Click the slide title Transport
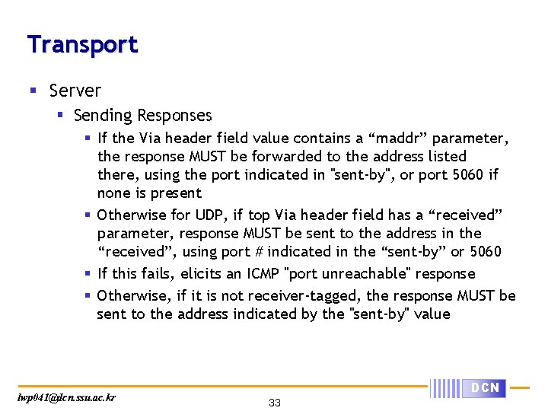[x=82, y=44]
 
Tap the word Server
[x=75, y=91]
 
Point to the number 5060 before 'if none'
[x=467, y=175]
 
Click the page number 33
[x=275, y=403]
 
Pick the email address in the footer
[x=67, y=397]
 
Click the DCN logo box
[x=484, y=388]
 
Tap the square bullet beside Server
[x=32, y=91]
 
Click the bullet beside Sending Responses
[x=58, y=116]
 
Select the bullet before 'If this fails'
[x=88, y=273]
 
